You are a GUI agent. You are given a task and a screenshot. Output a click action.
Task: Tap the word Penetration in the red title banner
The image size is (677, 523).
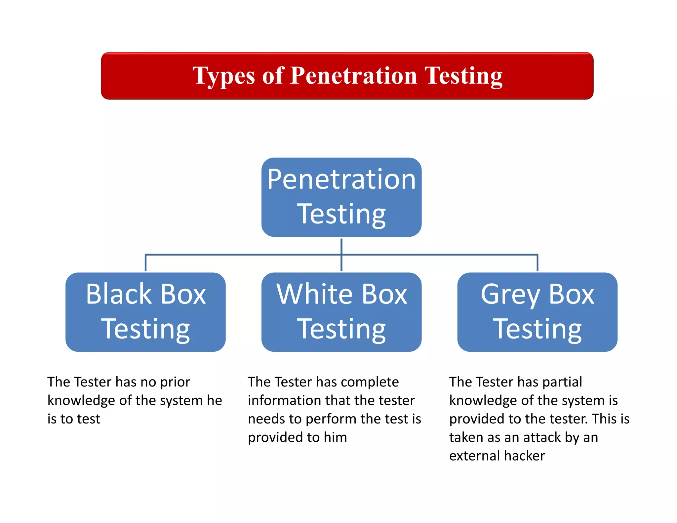[353, 76]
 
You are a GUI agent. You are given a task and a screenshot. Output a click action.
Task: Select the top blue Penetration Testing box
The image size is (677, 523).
[341, 197]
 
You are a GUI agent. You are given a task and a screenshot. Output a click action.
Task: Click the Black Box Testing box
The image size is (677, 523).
[145, 312]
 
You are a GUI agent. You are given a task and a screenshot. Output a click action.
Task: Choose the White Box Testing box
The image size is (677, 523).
[341, 312]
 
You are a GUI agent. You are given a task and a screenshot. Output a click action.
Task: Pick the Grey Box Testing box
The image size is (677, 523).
[537, 312]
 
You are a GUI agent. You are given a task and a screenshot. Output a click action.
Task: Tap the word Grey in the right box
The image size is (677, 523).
[510, 295]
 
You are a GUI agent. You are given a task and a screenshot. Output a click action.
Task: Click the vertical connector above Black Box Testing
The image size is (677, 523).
[145, 263]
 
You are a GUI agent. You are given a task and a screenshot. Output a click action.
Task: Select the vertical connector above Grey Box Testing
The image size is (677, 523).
[538, 263]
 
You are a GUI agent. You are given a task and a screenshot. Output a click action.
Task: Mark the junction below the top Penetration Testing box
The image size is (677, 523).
[341, 255]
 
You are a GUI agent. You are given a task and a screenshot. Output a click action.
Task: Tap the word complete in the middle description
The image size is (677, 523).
[370, 382]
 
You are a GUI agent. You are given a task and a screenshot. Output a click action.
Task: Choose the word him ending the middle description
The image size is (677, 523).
[335, 437]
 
